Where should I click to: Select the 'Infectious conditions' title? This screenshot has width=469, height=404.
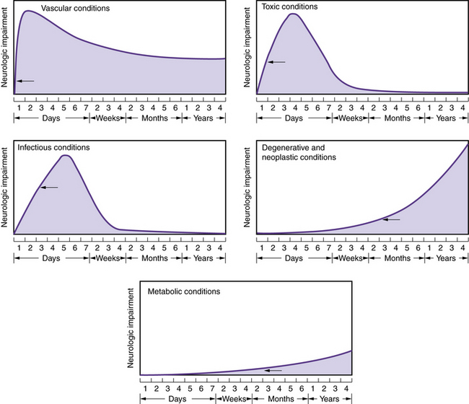tap(55, 147)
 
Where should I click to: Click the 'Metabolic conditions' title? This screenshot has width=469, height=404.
tap(184, 292)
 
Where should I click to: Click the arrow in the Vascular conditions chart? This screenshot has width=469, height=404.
tap(25, 81)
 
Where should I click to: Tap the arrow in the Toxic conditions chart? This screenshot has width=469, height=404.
tap(276, 62)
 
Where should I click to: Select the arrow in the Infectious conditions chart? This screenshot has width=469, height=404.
tap(48, 188)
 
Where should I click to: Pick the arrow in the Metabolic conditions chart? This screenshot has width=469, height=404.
tap(271, 370)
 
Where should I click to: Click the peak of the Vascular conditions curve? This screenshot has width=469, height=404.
tap(29, 11)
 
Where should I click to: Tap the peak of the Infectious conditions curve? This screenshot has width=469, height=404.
tap(66, 155)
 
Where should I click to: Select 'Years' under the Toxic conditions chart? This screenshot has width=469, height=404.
tap(445, 118)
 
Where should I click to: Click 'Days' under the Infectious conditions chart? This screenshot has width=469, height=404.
tap(51, 258)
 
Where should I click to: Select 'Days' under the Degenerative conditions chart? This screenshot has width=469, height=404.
tap(293, 258)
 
